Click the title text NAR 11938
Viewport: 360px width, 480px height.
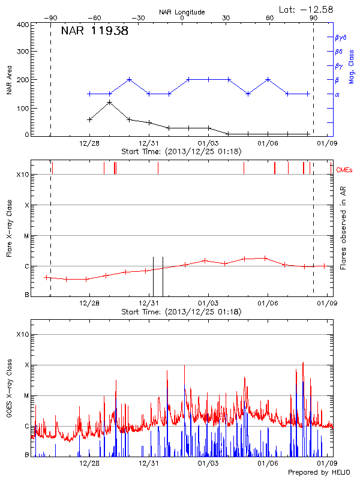pyautogui.click(x=95, y=31)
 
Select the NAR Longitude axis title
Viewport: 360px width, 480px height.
pyautogui.click(x=182, y=11)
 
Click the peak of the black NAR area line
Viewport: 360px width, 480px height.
pyautogui.click(x=110, y=102)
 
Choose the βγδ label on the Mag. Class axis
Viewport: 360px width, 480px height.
pyautogui.click(x=340, y=37)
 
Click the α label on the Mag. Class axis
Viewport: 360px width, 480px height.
pyautogui.click(x=337, y=94)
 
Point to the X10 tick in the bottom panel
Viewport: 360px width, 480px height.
pyautogui.click(x=23, y=334)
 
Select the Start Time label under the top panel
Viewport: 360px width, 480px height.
pyautogui.click(x=181, y=152)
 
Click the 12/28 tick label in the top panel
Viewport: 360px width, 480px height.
pyautogui.click(x=89, y=143)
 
